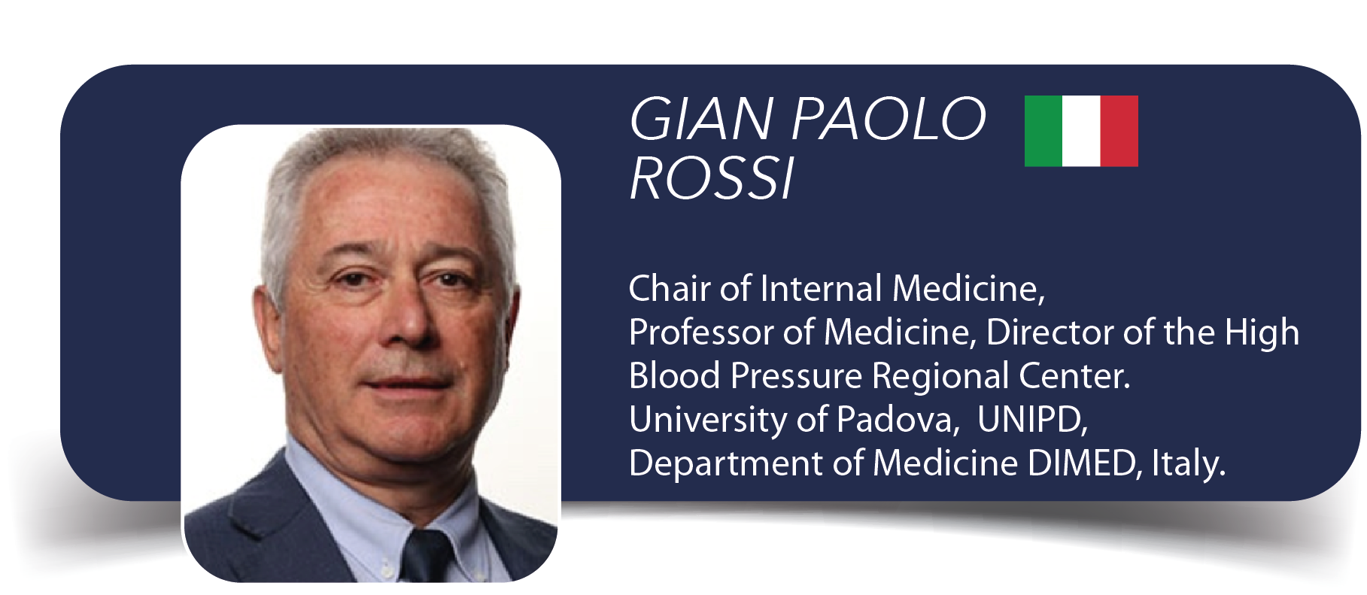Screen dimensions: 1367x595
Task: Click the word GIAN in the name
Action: pyautogui.click(x=702, y=119)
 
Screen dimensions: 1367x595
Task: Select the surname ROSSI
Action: pyautogui.click(x=712, y=179)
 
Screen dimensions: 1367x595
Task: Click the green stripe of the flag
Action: pyautogui.click(x=1043, y=131)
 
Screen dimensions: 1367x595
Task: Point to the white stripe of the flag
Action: pyautogui.click(x=1081, y=131)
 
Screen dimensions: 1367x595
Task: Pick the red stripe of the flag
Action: pyautogui.click(x=1119, y=131)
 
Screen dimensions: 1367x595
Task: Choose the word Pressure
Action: pyautogui.click(x=797, y=376)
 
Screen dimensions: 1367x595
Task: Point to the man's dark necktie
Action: pyautogui.click(x=427, y=555)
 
